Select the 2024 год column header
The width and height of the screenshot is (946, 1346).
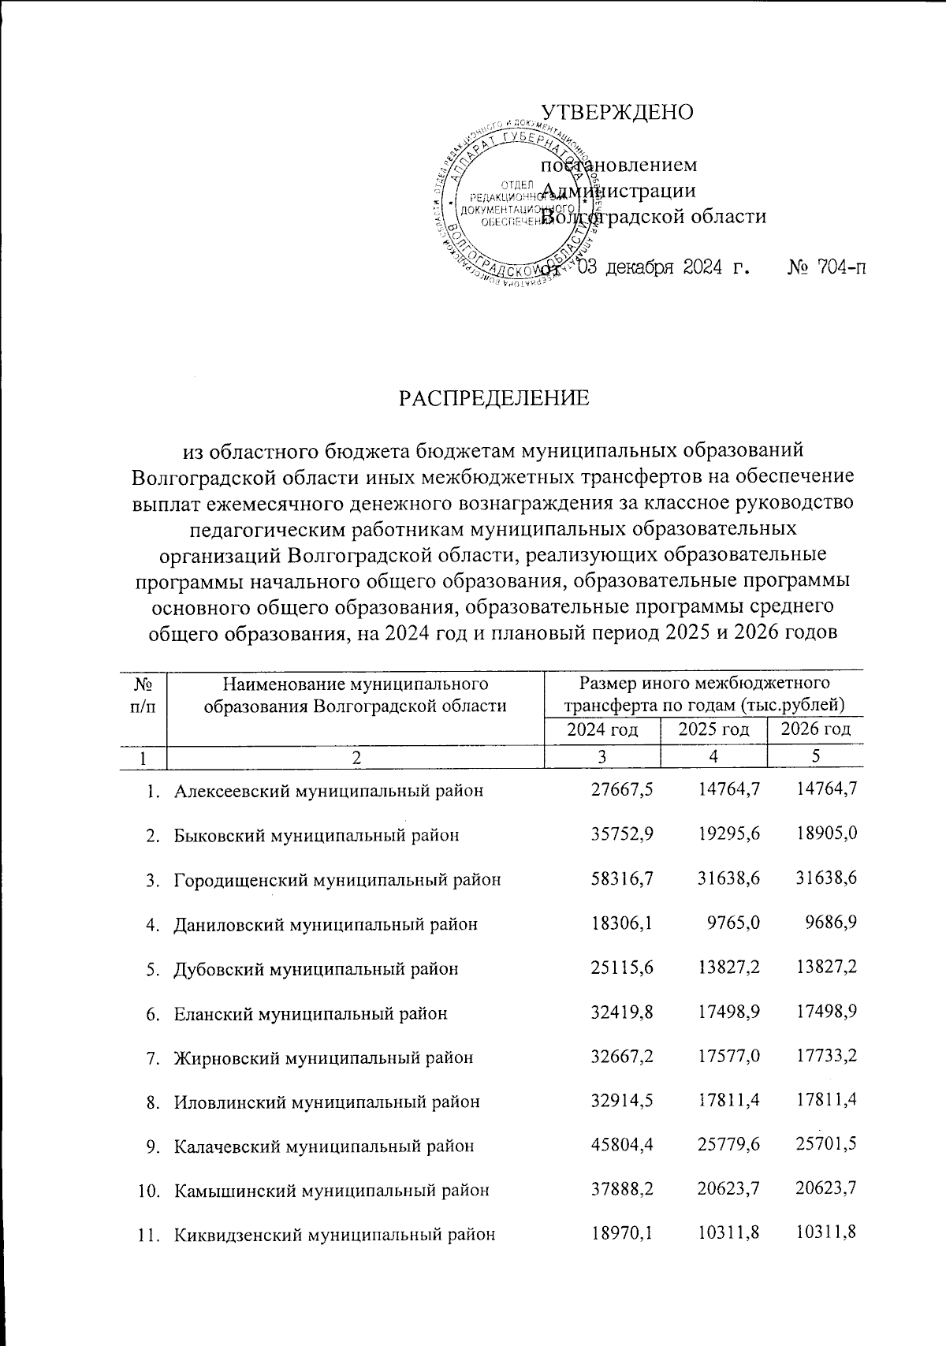point(601,729)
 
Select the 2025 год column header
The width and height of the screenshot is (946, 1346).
point(713,729)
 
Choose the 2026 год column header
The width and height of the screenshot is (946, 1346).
point(815,729)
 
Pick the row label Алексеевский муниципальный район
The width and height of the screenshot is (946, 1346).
point(328,791)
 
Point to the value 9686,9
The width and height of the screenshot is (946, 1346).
point(831,923)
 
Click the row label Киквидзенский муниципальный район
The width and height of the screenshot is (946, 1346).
point(334,1235)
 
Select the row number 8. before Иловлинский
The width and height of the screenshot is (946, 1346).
point(154,1102)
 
